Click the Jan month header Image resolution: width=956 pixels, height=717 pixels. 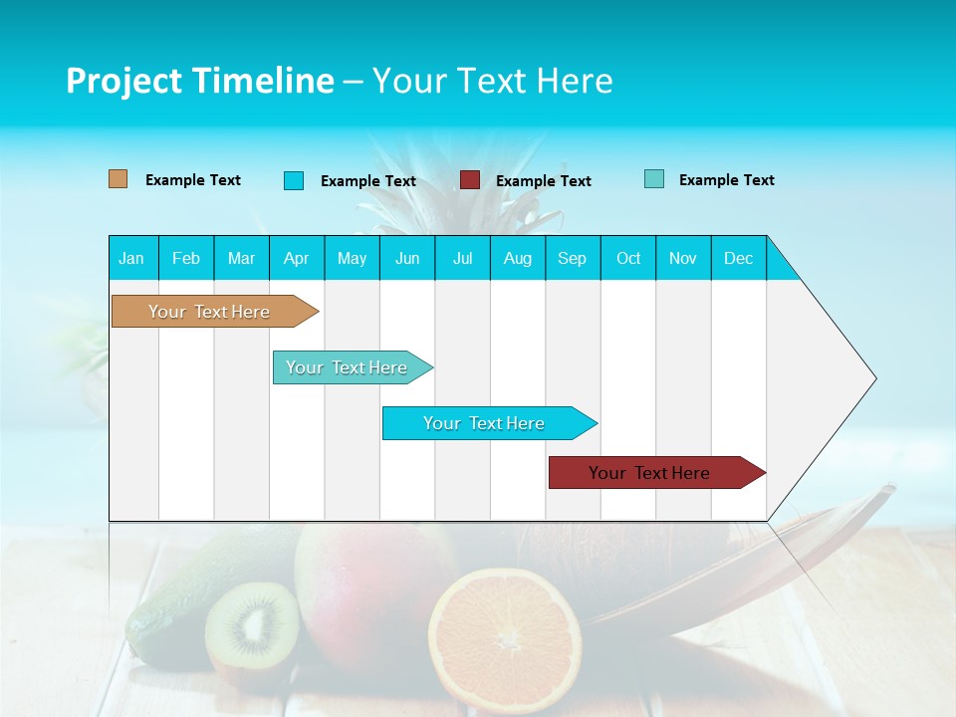[x=132, y=258]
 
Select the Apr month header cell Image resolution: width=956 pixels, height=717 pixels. [x=297, y=258]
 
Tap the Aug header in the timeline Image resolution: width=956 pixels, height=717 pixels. [x=518, y=258]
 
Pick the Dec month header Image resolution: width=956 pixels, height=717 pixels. [x=738, y=258]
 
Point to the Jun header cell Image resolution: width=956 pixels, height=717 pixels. [x=407, y=258]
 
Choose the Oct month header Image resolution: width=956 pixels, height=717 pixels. [x=628, y=258]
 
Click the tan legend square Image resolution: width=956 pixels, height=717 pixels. [x=119, y=179]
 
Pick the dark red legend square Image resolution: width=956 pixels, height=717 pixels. [x=470, y=179]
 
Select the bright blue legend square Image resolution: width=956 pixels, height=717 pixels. [x=294, y=180]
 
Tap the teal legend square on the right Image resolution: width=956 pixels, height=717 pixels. [x=654, y=179]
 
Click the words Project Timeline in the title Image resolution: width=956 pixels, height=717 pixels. [x=200, y=81]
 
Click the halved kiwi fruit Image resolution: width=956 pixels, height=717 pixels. [x=253, y=624]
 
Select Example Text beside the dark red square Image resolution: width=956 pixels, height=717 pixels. [x=543, y=181]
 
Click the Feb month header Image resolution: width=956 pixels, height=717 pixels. [x=186, y=258]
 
